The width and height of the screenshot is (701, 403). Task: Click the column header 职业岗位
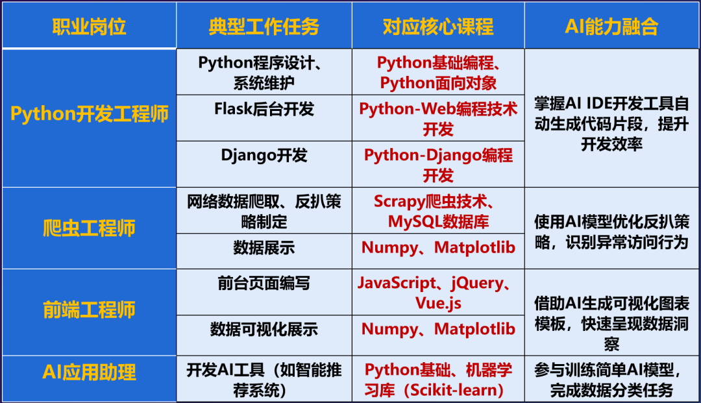89,27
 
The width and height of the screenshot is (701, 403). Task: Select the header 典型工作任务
264,27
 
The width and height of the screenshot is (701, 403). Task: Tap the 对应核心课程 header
438,27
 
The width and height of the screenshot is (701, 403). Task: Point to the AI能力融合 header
611,27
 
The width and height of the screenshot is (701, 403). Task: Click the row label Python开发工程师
90,114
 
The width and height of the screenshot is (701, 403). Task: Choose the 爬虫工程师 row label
89,228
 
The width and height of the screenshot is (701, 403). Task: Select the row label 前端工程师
89,310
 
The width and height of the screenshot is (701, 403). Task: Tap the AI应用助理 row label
89,372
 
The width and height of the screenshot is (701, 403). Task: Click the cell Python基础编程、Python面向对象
438,73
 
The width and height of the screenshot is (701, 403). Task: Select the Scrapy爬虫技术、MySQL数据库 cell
438,212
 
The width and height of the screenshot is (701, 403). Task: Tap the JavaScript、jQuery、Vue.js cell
438,293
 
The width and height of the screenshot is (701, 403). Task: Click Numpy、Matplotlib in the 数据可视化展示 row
438,329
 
